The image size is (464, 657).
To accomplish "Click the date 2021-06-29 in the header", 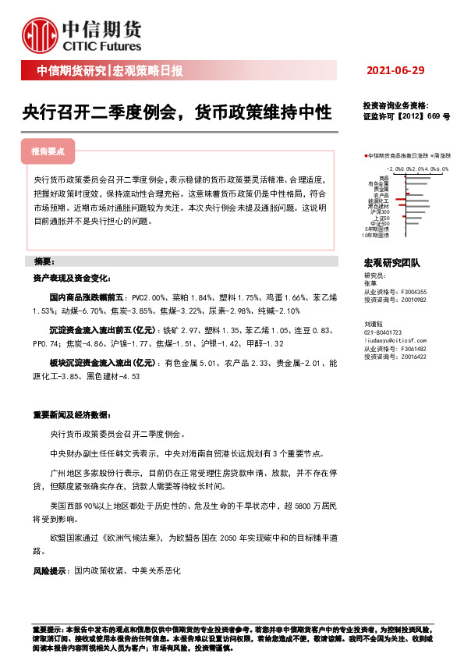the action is pos(395,71).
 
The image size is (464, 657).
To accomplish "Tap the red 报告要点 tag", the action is pos(48,151).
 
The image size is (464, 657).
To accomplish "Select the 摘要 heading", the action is pos(38,261).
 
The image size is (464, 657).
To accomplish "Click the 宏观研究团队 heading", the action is pos(391,265).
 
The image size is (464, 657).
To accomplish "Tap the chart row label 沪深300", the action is pos(380,211).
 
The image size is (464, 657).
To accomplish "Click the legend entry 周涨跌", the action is pos(444,156).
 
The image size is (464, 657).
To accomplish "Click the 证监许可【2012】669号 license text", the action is pos(406,115).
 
